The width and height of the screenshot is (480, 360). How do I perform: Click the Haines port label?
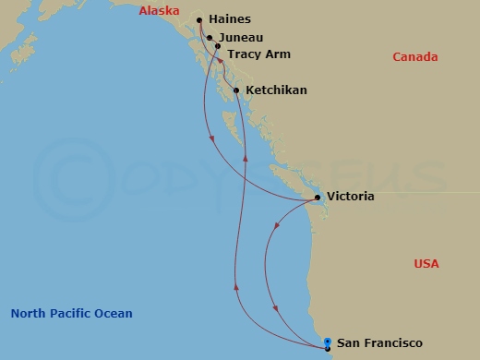pos(230,18)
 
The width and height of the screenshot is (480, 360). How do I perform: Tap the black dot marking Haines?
pos(199,18)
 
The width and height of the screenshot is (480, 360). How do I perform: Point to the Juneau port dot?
pos(210,38)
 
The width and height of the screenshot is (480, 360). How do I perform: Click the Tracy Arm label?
pos(255,54)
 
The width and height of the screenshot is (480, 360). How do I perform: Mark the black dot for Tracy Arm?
pos(218,44)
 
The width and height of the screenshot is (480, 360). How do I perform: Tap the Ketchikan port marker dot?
pos(237,90)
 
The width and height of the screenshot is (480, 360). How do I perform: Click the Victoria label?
pos(351,198)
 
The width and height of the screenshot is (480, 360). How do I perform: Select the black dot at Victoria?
pos(318,198)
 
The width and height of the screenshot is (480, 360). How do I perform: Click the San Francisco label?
pos(379,343)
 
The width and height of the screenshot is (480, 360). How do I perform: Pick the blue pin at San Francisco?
pos(328,344)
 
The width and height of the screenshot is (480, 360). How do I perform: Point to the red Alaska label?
pos(159,11)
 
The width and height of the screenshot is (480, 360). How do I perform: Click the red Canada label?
pos(414,57)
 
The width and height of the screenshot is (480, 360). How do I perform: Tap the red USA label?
pos(426,264)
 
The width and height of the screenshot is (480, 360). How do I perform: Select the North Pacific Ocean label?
pos(72,314)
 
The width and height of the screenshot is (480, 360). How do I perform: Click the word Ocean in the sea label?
pos(114,314)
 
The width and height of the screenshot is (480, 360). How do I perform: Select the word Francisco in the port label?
pos(391,343)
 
